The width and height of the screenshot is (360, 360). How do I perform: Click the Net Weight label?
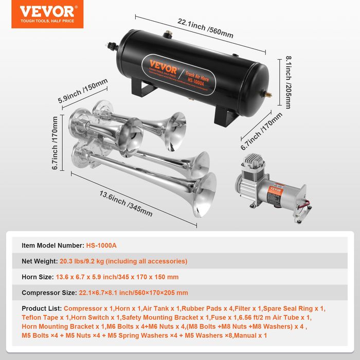[41, 261]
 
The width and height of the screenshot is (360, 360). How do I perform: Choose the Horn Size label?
[38, 277]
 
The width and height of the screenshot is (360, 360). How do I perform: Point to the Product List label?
[41, 309]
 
